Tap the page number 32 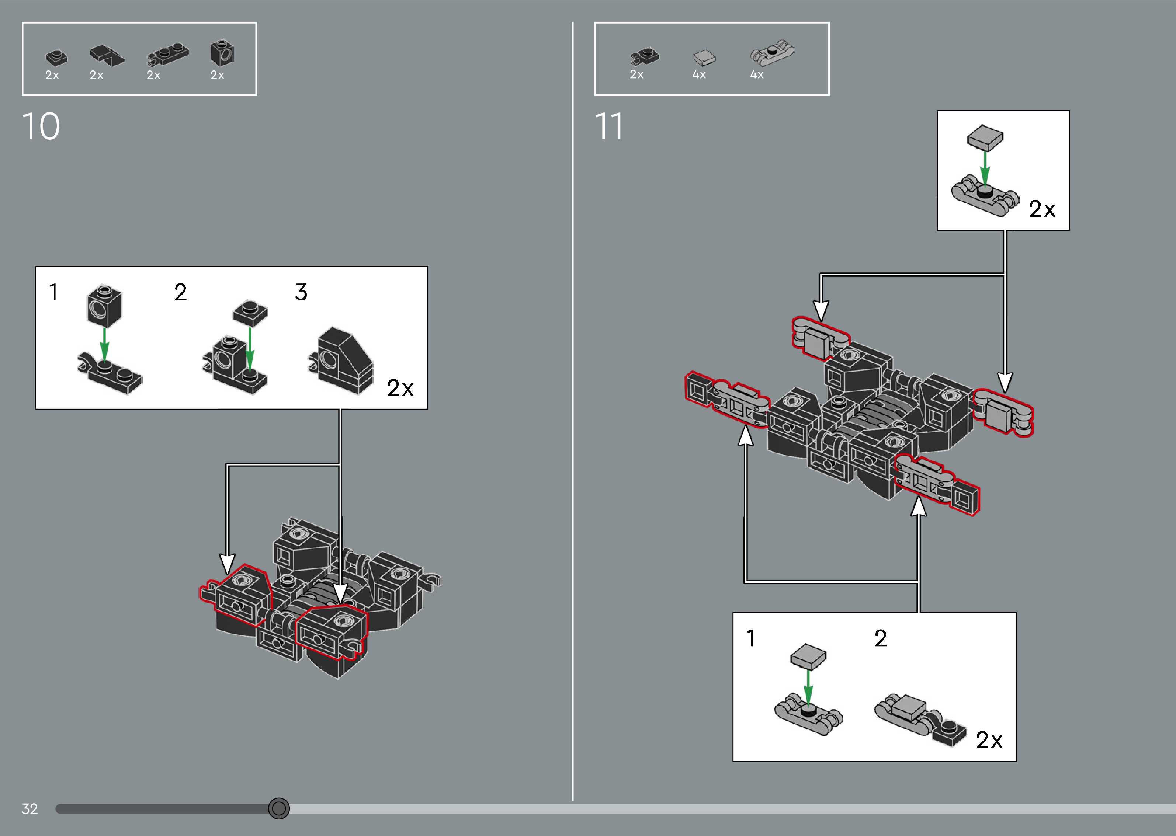[x=30, y=809]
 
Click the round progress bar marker [x=278, y=808]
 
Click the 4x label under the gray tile [x=699, y=74]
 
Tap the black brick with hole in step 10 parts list [x=222, y=53]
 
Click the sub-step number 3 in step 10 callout [x=301, y=292]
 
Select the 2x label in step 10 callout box [x=400, y=388]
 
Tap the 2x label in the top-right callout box [x=1042, y=209]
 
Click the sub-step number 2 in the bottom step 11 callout [x=881, y=639]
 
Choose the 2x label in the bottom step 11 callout [x=989, y=740]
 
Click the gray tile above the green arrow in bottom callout [x=808, y=656]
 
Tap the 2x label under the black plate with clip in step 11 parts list [x=636, y=74]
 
